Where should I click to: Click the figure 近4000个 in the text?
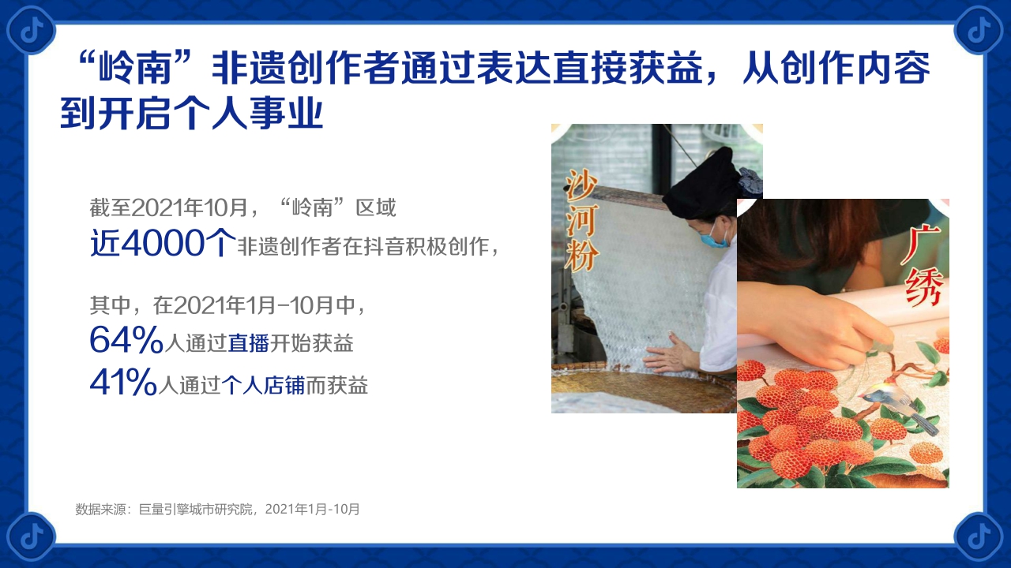[162, 244]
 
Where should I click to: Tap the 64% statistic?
[126, 340]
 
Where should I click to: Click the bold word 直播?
[249, 344]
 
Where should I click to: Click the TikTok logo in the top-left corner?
[31, 30]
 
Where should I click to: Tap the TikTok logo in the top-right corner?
[979, 30]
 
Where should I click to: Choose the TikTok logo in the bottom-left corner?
[31, 536]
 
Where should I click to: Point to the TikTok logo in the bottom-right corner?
[979, 536]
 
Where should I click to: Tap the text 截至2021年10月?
[179, 208]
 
